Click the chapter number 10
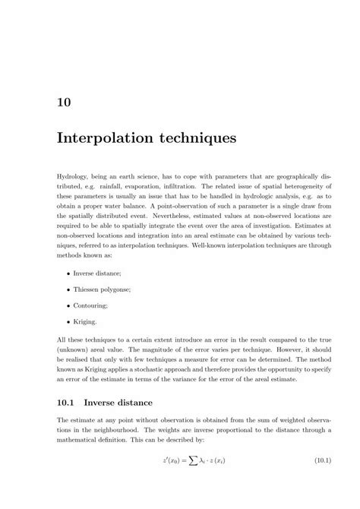tap(65, 101)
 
